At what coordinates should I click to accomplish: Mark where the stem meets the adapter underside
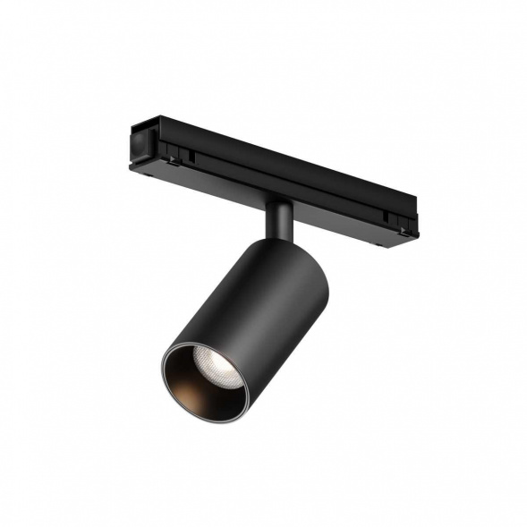pos(278,201)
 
